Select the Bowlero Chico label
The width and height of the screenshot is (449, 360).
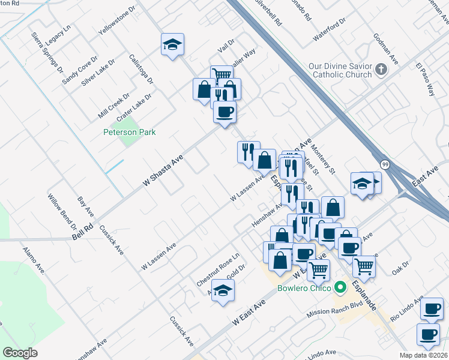point(304,288)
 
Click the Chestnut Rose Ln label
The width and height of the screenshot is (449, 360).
point(218,268)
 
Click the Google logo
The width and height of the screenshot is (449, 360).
point(20,353)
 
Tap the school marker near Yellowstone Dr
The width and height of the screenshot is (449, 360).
point(172,44)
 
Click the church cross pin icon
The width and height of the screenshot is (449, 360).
point(380,70)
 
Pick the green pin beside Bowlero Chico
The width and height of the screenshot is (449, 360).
point(340,288)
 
